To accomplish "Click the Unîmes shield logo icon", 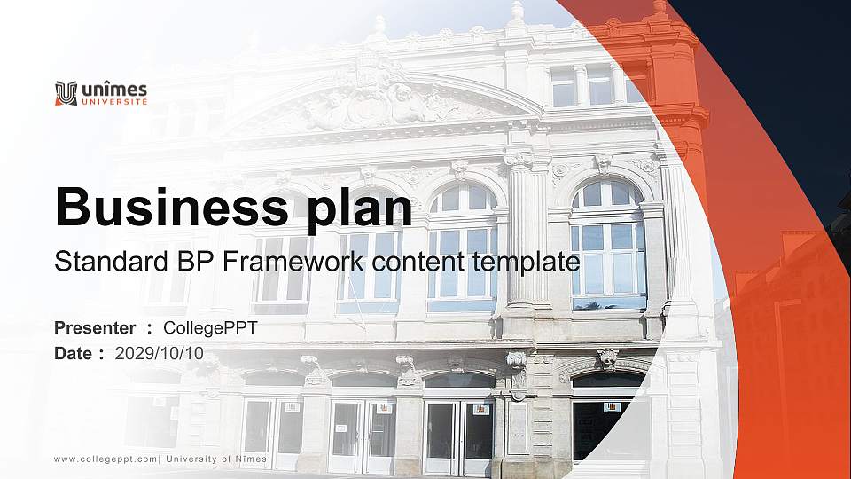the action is tap(66, 93).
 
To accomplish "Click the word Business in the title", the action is tap(171, 207).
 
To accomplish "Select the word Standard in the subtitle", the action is tap(112, 261).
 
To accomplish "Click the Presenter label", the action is tap(95, 328).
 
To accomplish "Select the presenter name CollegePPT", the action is tap(210, 328).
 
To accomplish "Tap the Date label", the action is tap(73, 354).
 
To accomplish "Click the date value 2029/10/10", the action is tap(159, 354).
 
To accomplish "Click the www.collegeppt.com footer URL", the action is tap(105, 459).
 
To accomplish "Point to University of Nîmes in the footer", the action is tap(216, 459).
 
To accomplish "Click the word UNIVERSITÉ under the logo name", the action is tap(114, 101).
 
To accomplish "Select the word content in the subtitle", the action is tap(418, 261).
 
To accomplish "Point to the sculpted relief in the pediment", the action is tap(374, 103).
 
